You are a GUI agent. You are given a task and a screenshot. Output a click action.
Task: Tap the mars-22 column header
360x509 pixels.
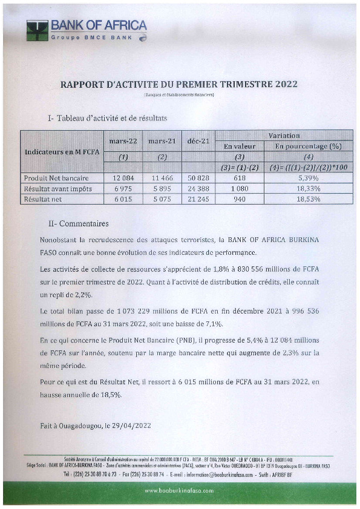(123, 142)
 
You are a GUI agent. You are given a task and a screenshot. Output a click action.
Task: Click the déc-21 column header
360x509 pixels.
(198, 142)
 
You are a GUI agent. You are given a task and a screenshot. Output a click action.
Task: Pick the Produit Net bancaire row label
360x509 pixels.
(56, 178)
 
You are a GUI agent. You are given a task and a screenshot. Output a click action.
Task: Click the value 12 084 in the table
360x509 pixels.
(122, 178)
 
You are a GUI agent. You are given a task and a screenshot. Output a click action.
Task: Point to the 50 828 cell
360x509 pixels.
(198, 178)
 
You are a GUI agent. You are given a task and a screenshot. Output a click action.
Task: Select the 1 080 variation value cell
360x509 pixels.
(239, 189)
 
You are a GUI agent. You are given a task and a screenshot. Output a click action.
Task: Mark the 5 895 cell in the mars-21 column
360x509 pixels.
(162, 189)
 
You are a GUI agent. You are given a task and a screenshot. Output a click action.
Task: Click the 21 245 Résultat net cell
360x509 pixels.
(198, 199)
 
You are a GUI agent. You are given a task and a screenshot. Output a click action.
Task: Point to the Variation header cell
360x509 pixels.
(284, 136)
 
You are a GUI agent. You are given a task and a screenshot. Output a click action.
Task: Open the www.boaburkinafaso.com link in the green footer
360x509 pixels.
(180, 491)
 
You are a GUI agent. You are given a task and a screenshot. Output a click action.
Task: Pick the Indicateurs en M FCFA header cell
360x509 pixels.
(61, 152)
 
